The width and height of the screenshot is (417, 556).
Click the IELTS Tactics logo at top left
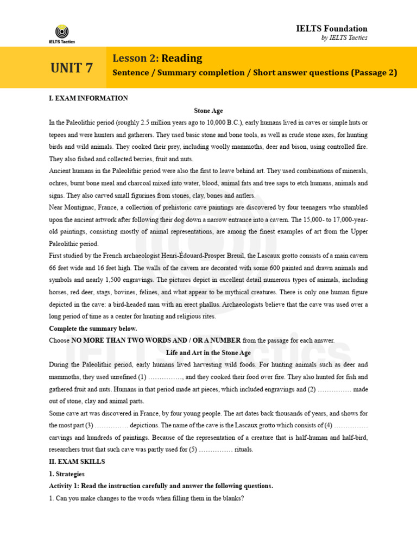pyautogui.click(x=61, y=33)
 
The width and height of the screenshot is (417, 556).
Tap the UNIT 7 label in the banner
pyautogui.click(x=72, y=68)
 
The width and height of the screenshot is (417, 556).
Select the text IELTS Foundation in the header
pyautogui.click(x=339, y=28)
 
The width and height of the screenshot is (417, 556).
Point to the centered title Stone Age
pyautogui.click(x=208, y=110)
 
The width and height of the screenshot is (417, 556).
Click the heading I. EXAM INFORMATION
pyautogui.click(x=89, y=98)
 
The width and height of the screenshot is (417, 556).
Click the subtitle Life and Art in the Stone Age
pyautogui.click(x=208, y=353)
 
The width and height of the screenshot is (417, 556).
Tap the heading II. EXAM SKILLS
pyautogui.click(x=77, y=462)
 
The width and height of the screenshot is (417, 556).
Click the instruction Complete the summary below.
pyautogui.click(x=93, y=329)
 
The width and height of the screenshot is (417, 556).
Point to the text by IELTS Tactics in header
pyautogui.click(x=344, y=38)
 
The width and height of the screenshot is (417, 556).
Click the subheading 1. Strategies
pyautogui.click(x=67, y=474)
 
